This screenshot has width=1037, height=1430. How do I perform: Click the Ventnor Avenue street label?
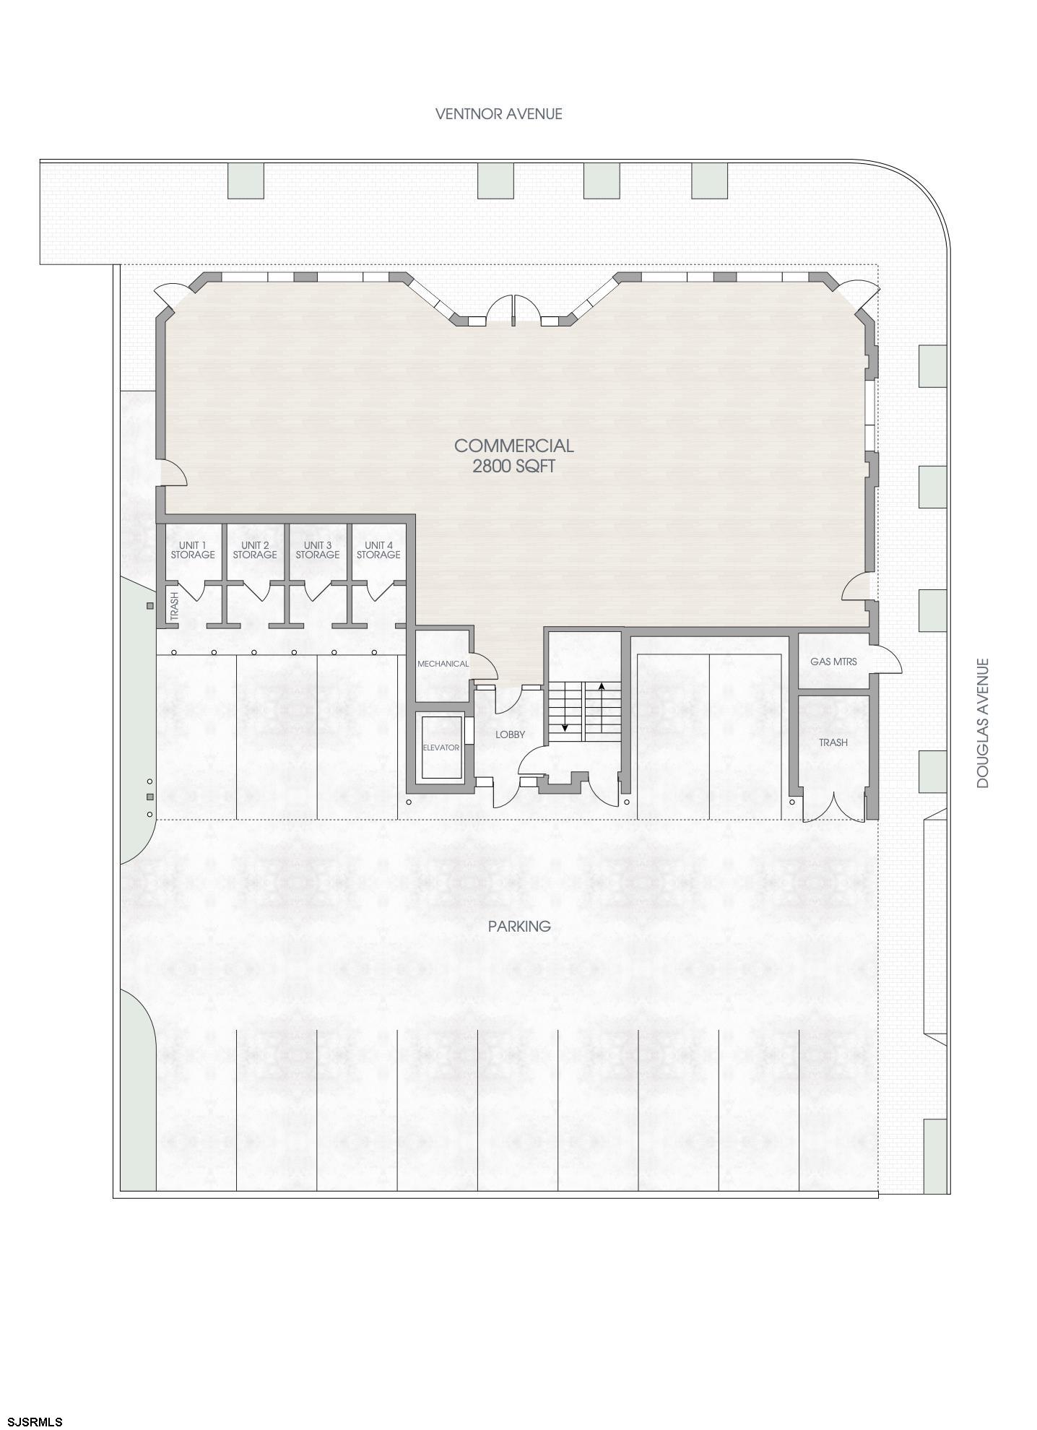point(498,113)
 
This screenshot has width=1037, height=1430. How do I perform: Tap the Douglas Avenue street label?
point(982,723)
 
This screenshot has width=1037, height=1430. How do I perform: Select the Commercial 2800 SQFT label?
point(513,456)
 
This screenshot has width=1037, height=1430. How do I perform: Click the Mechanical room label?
point(443,664)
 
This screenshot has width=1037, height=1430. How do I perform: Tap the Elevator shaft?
point(441,747)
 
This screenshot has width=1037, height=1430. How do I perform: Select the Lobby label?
point(510,734)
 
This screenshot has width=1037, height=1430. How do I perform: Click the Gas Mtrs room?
point(833,661)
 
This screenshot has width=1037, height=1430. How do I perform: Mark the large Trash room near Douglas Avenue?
point(833,742)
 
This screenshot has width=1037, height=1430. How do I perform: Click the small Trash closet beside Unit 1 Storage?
point(174,606)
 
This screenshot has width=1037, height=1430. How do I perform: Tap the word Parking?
point(519,926)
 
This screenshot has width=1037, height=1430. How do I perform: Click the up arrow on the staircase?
point(602,686)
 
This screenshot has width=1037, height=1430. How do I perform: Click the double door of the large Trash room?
point(834,807)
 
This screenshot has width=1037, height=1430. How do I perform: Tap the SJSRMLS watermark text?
point(32,1422)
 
